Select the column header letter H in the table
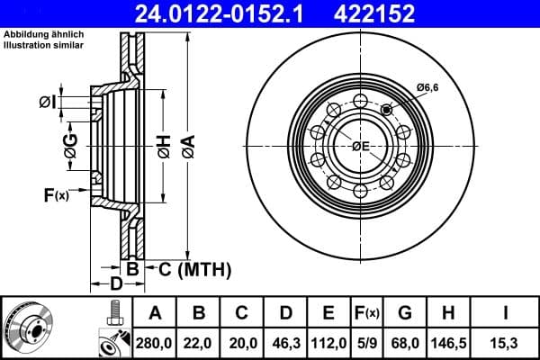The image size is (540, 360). click(x=450, y=313)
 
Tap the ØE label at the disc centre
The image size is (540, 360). click(x=361, y=146)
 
